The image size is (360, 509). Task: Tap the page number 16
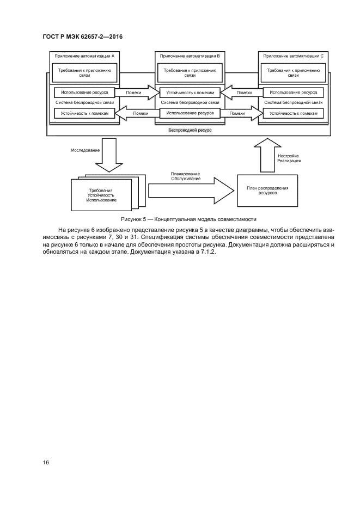46,462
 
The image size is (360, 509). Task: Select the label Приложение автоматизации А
84,56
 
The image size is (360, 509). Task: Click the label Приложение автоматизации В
190,56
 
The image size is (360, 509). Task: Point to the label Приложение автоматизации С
293,56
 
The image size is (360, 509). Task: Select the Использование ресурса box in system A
84,93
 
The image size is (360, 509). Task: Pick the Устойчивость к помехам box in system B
190,93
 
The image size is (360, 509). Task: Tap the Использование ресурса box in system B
190,113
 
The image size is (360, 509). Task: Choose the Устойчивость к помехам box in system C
294,113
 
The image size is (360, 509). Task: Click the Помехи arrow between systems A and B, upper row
136,93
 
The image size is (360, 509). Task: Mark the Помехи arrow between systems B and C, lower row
240,113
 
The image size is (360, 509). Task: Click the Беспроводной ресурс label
190,131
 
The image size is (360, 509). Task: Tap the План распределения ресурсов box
267,191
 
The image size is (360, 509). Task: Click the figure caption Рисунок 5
188,219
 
